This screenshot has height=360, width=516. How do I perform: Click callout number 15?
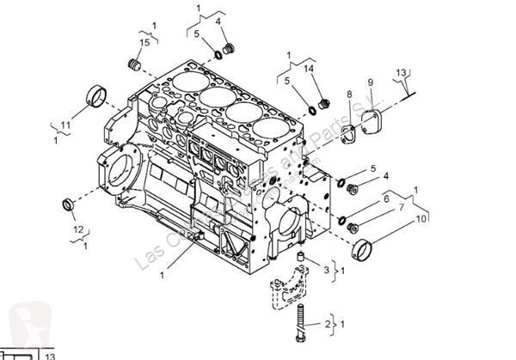[x=144, y=42]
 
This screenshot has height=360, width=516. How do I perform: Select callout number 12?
[x=77, y=229]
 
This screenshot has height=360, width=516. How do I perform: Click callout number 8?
[x=349, y=94]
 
